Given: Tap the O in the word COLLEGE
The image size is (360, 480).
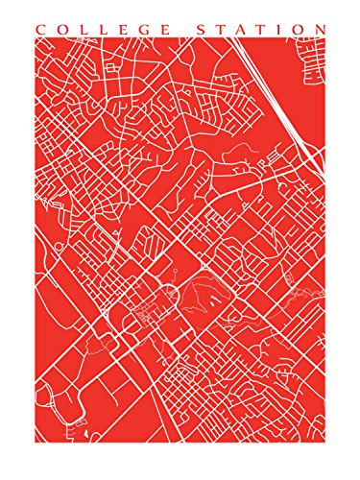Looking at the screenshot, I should [x=60, y=30].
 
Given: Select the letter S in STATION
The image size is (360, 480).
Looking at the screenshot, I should [x=199, y=30].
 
